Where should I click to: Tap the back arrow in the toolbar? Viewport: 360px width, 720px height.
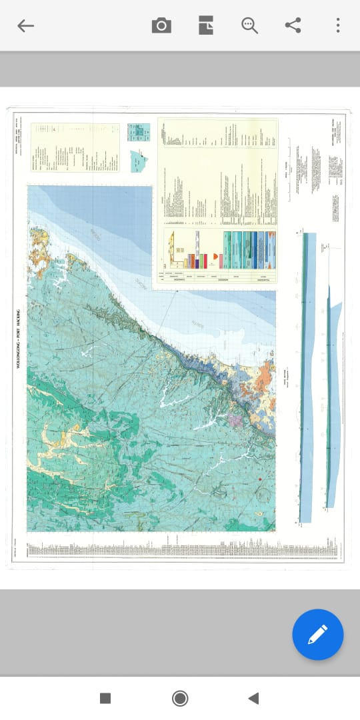click(25, 26)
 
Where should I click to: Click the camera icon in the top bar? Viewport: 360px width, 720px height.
click(161, 26)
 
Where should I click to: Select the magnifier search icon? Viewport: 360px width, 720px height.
click(249, 26)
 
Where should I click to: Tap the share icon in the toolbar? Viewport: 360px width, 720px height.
click(293, 26)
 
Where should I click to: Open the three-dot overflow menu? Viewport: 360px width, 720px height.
click(338, 26)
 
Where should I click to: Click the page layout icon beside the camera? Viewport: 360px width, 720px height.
click(206, 26)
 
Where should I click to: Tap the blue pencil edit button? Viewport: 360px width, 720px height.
click(318, 635)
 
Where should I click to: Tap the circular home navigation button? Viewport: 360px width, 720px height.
click(180, 698)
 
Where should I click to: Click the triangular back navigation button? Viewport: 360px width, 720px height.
click(253, 698)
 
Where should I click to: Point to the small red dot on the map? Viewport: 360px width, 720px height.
click(259, 480)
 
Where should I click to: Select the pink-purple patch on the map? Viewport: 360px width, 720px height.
click(235, 421)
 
